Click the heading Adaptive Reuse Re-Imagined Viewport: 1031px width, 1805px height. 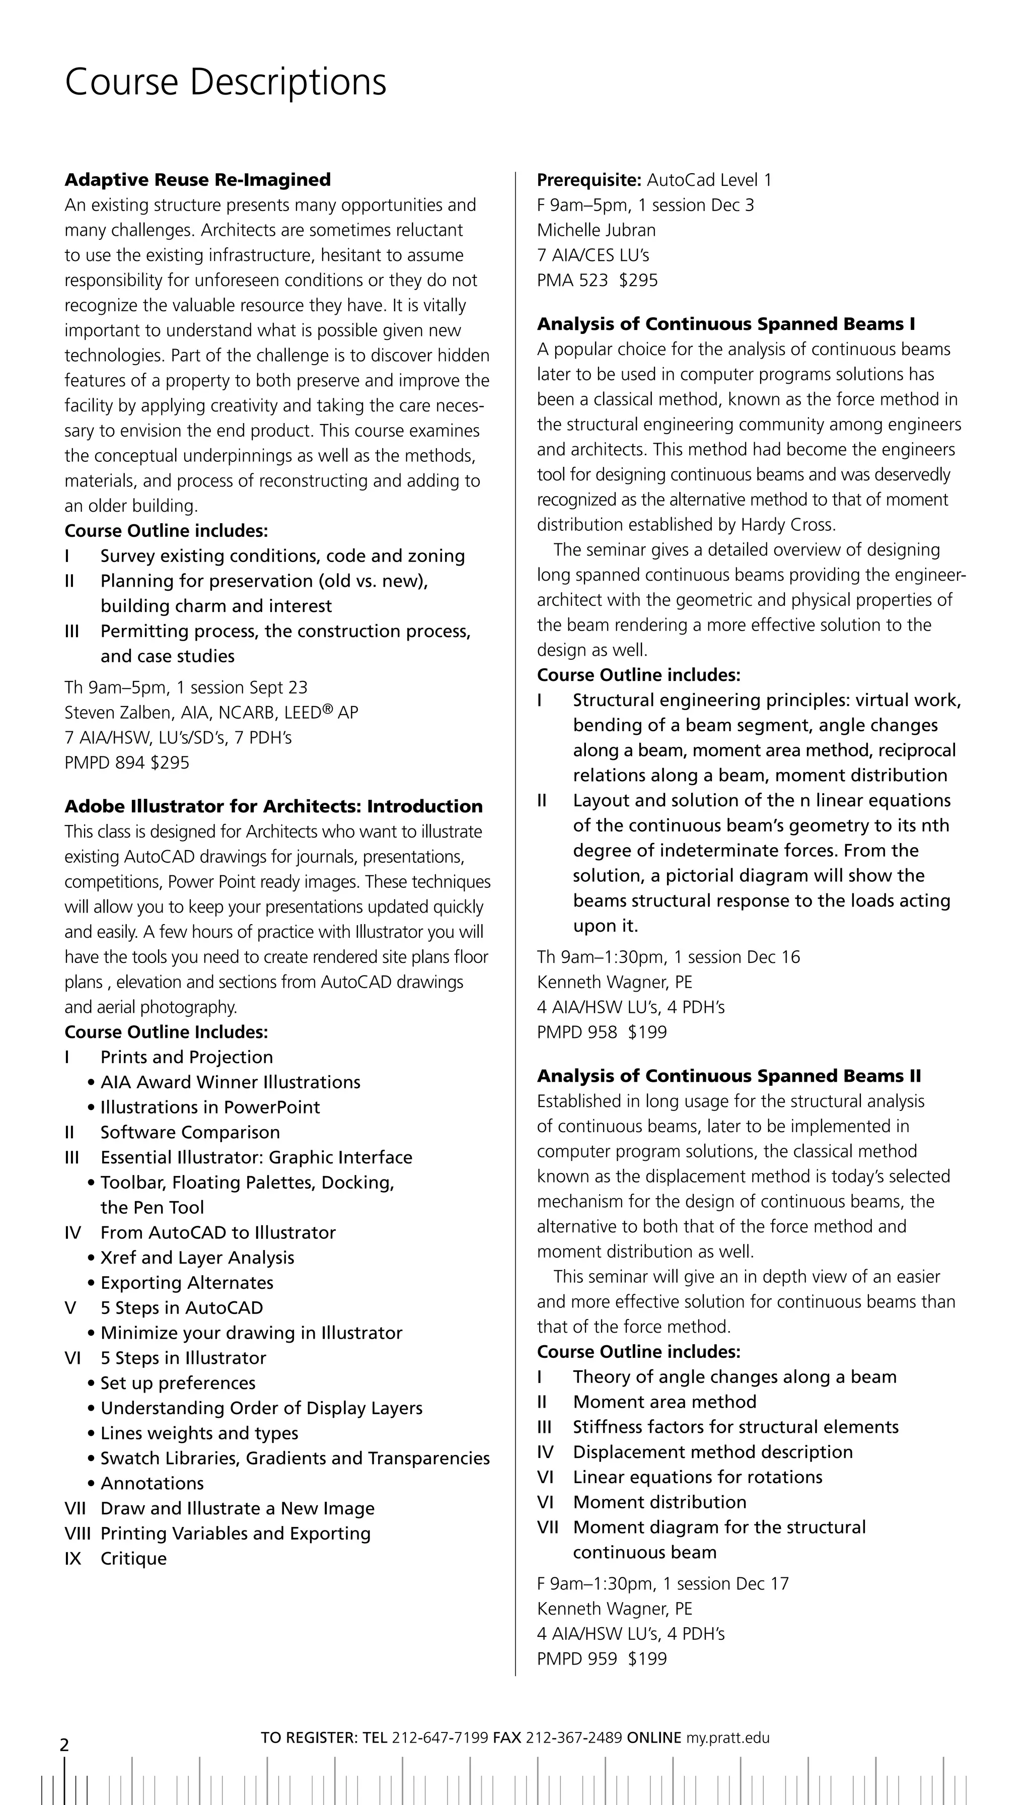click(197, 180)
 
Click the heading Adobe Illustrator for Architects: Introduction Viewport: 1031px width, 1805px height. click(273, 807)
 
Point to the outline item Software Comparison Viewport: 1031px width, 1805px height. click(190, 1132)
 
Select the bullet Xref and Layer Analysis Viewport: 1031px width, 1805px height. click(197, 1258)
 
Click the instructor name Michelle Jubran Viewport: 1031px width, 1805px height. click(596, 230)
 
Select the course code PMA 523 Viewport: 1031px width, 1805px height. click(572, 281)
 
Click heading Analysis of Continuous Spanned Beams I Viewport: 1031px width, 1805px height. click(726, 324)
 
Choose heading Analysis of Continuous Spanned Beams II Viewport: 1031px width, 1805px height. click(728, 1076)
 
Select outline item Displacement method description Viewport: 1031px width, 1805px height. click(712, 1452)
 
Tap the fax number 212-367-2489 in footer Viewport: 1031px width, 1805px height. click(573, 1738)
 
